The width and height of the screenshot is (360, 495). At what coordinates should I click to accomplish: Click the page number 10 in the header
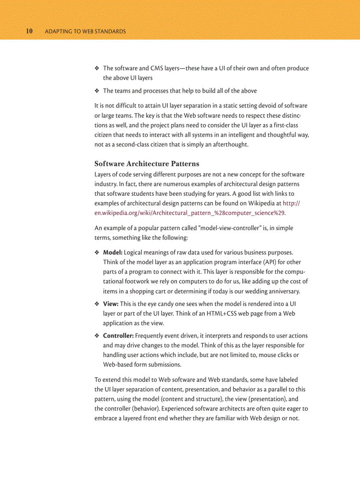coord(29,31)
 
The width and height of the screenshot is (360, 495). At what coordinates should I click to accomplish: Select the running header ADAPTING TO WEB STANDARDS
coord(85,32)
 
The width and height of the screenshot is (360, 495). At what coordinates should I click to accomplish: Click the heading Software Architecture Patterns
coord(146,164)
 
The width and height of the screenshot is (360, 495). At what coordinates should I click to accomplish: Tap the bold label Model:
coord(112,253)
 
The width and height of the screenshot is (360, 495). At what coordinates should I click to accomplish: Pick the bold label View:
coord(111,304)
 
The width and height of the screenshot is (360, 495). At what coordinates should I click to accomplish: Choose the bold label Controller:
coord(118,336)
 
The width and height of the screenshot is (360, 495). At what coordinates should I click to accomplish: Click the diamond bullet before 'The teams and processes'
coord(97,91)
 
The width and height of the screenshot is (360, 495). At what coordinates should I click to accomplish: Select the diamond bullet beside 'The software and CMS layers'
coord(97,68)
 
